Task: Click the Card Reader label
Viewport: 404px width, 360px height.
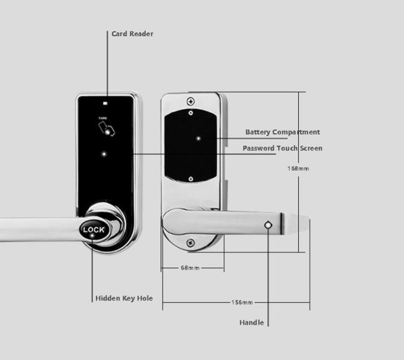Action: pos(132,34)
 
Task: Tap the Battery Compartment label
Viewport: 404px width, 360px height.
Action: pos(283,132)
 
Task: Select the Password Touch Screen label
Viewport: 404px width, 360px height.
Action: pos(282,148)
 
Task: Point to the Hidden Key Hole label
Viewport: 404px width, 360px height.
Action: pos(124,298)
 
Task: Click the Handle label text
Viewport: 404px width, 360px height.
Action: pos(252,322)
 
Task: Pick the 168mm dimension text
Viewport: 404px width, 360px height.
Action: pos(298,168)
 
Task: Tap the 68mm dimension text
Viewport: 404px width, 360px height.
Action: pos(190,268)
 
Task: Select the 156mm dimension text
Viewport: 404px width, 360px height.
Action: pos(242,302)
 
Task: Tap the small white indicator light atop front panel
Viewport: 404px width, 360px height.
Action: pos(105,104)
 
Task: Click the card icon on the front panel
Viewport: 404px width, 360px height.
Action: pos(106,129)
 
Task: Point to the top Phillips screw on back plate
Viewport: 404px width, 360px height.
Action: pos(191,101)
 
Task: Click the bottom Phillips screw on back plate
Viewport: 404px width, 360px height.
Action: pos(190,242)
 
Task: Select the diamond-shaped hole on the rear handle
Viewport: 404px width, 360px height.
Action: pos(269,225)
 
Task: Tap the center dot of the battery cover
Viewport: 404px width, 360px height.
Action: pos(198,139)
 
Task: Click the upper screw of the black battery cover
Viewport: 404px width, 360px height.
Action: pos(191,113)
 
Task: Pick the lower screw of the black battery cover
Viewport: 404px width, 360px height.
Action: pos(191,179)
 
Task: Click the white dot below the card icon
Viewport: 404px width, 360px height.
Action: pos(104,154)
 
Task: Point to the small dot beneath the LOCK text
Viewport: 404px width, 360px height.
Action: pos(92,236)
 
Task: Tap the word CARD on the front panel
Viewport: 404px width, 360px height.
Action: pos(103,118)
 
